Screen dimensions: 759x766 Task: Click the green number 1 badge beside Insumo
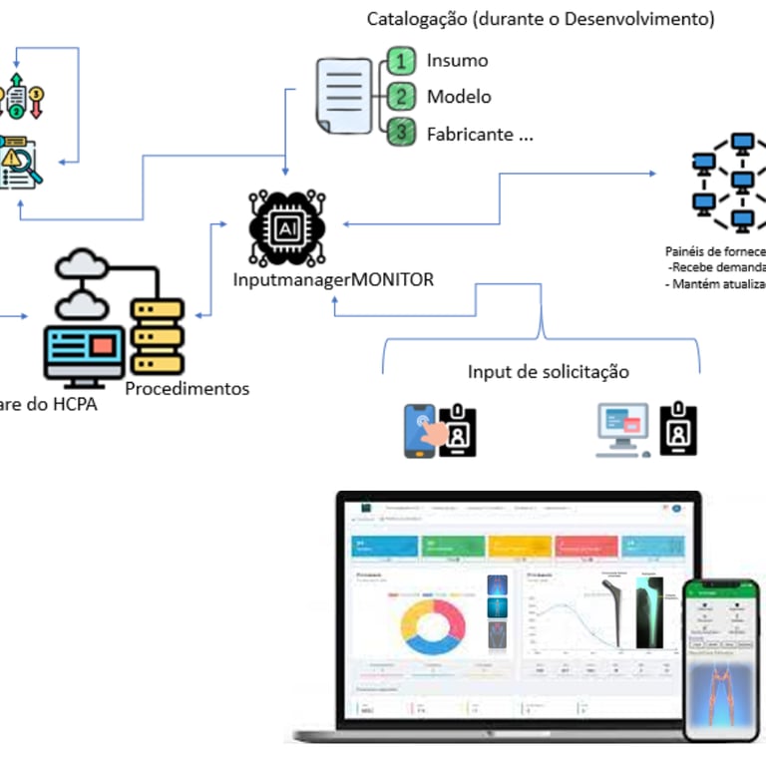click(401, 62)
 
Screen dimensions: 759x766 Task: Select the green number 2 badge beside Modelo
click(401, 98)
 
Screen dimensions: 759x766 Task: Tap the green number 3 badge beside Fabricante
click(401, 132)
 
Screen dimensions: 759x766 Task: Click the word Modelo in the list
click(459, 97)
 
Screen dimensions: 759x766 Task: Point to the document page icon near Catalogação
click(342, 96)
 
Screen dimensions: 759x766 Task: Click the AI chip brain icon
click(286, 228)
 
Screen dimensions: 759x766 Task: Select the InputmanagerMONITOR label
click(334, 280)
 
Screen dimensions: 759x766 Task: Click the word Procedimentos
click(188, 389)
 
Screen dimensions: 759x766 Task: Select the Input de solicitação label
click(549, 372)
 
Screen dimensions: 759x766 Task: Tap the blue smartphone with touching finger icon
click(422, 431)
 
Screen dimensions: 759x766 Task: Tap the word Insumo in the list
click(458, 60)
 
